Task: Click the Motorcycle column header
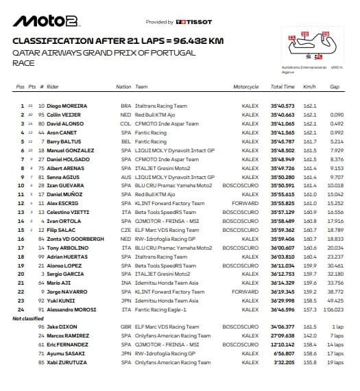tap(245, 87)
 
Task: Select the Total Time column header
tap(283, 87)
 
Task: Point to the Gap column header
tap(335, 87)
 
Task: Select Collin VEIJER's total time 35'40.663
tap(283, 115)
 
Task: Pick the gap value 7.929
tap(335, 150)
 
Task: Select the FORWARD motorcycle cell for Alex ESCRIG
tap(245, 203)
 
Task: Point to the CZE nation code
tap(124, 230)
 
